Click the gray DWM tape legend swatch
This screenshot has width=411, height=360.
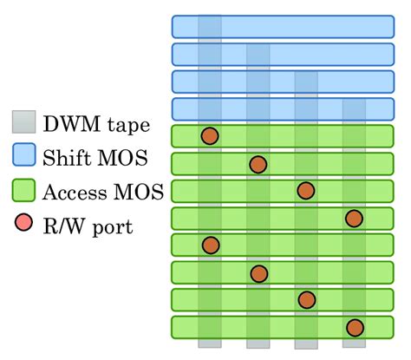pos(24,123)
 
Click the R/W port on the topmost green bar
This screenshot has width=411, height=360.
pos(209,136)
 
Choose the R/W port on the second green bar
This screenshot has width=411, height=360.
pos(258,164)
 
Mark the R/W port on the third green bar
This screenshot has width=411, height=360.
pos(305,191)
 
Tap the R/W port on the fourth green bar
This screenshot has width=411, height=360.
pos(354,218)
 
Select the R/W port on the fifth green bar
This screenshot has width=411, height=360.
pos(209,245)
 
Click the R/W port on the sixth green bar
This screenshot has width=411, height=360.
pos(258,273)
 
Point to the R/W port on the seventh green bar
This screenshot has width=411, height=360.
pos(306,300)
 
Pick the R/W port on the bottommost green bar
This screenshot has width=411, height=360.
pos(354,327)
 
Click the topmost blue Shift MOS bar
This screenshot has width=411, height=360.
pos(283,26)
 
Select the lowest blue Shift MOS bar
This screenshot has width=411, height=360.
pos(283,108)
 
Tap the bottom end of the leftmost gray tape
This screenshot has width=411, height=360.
pos(210,344)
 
